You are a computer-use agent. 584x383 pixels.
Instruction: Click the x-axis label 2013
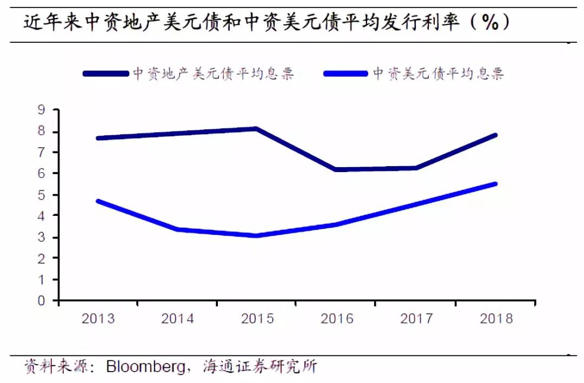(98, 318)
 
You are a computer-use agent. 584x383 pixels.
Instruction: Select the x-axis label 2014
(177, 318)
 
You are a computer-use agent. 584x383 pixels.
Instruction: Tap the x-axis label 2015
(257, 318)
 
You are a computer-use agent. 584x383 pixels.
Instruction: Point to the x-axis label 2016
(337, 318)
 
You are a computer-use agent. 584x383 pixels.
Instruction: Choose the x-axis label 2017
(416, 318)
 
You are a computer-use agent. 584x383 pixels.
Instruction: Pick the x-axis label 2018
(496, 318)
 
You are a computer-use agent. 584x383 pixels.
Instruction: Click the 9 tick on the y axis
(41, 110)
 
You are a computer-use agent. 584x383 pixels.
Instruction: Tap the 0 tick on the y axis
(41, 301)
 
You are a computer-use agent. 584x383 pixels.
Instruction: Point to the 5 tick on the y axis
(41, 195)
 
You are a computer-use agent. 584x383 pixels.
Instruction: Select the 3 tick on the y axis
(41, 237)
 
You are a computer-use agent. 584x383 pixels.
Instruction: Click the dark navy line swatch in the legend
(106, 74)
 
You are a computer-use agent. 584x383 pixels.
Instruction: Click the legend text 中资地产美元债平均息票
(213, 74)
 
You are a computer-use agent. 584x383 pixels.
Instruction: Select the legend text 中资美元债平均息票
(438, 74)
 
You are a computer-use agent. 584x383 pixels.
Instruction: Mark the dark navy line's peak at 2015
(257, 129)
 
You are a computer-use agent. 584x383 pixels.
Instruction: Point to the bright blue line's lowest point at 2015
(257, 235)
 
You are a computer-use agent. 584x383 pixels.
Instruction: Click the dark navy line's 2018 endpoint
(495, 135)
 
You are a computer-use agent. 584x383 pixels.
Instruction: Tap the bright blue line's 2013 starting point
(98, 201)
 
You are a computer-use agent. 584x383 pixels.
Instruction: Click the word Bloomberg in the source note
(145, 367)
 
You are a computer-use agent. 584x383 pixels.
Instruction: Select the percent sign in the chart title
(489, 23)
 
